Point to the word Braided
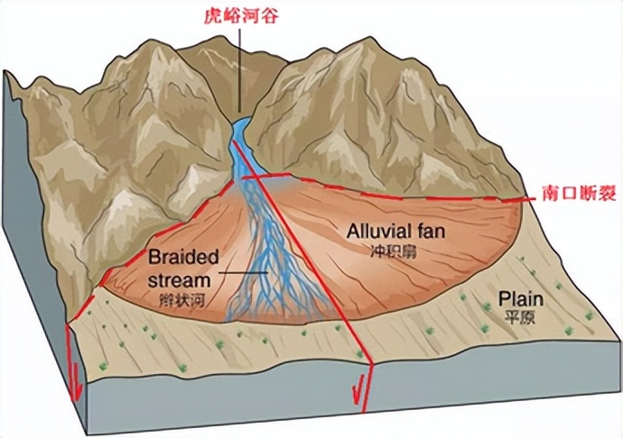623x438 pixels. (x=183, y=257)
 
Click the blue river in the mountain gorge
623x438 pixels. (x=240, y=144)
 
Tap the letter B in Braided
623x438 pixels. (x=155, y=257)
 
